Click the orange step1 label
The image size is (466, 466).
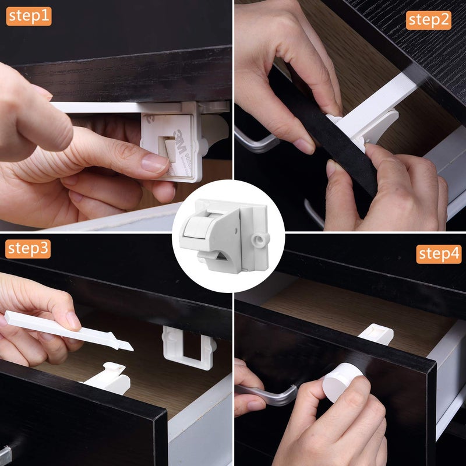click(29, 16)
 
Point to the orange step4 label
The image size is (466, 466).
click(438, 254)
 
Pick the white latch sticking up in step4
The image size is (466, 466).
click(375, 333)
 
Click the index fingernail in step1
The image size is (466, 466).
click(154, 163)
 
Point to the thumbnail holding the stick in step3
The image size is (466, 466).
click(73, 320)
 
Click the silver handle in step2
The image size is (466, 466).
click(256, 143)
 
